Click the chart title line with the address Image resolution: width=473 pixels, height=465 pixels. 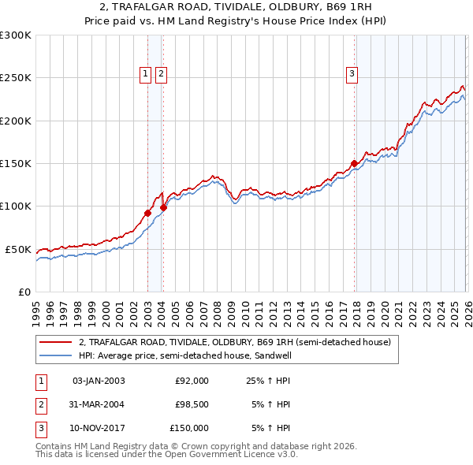(236, 6)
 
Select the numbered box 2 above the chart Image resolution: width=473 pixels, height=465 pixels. (161, 75)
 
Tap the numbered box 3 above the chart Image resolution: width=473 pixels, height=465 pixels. (352, 75)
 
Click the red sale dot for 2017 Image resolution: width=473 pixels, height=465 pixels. (354, 164)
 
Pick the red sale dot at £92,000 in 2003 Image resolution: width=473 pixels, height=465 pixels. (147, 213)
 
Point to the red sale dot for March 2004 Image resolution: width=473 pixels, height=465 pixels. (164, 207)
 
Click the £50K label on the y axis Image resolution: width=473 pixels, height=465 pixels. (18, 249)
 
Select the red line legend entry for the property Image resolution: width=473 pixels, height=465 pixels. (234, 343)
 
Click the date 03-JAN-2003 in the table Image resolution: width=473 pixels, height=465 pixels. (99, 381)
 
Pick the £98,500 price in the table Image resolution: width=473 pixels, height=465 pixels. (192, 404)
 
